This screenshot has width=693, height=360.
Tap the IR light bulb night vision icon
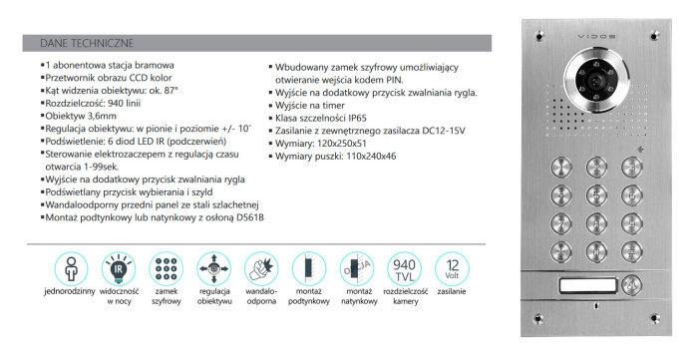point(119,268)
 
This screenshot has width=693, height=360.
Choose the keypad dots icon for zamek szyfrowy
point(167,268)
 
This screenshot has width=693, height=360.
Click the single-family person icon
point(70,268)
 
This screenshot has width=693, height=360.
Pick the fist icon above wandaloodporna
point(262,268)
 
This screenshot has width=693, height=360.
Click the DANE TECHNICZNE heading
point(81,44)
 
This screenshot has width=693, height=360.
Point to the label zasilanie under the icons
point(452,292)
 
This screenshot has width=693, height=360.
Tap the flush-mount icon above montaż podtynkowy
point(309,268)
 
